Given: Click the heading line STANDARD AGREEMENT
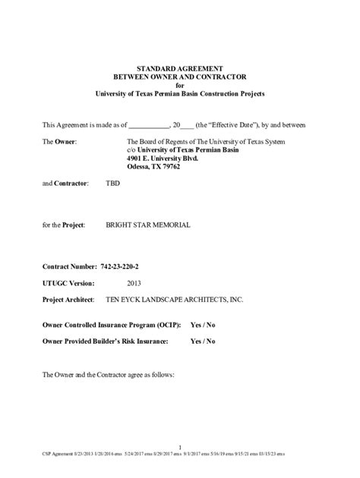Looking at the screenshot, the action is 180,68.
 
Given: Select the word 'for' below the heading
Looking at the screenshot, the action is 180,85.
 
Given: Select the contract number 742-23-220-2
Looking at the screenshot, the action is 124,267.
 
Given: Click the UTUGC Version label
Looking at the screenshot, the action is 68,283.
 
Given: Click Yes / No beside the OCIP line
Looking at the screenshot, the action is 202,325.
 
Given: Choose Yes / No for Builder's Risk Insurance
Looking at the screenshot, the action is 202,341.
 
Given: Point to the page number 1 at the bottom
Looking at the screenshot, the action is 180,446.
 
